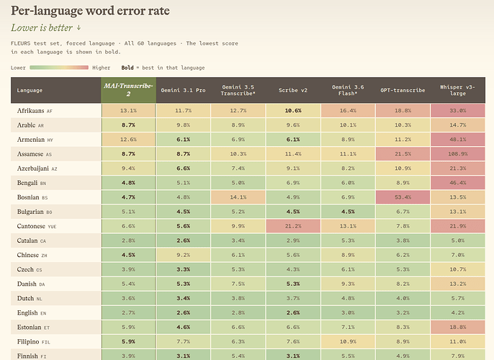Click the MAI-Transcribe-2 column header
click(128, 90)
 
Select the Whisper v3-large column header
click(457, 90)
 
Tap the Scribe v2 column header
click(293, 90)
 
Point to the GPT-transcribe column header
click(403, 90)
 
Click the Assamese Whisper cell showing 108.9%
click(458, 154)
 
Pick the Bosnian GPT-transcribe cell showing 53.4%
click(403, 197)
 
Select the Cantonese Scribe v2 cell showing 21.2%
click(293, 226)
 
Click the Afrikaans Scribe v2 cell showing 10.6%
click(293, 111)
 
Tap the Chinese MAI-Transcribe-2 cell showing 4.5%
click(128, 255)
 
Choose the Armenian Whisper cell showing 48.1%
click(458, 140)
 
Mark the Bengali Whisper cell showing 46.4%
click(458, 183)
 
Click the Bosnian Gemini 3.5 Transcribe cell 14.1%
click(238, 197)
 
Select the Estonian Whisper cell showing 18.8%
click(458, 328)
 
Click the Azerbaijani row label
click(37, 168)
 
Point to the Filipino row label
click(33, 342)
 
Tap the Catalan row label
click(32, 240)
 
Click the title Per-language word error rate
click(90, 11)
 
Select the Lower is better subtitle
click(46, 27)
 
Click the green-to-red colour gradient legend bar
click(59, 68)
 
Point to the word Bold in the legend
click(127, 68)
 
